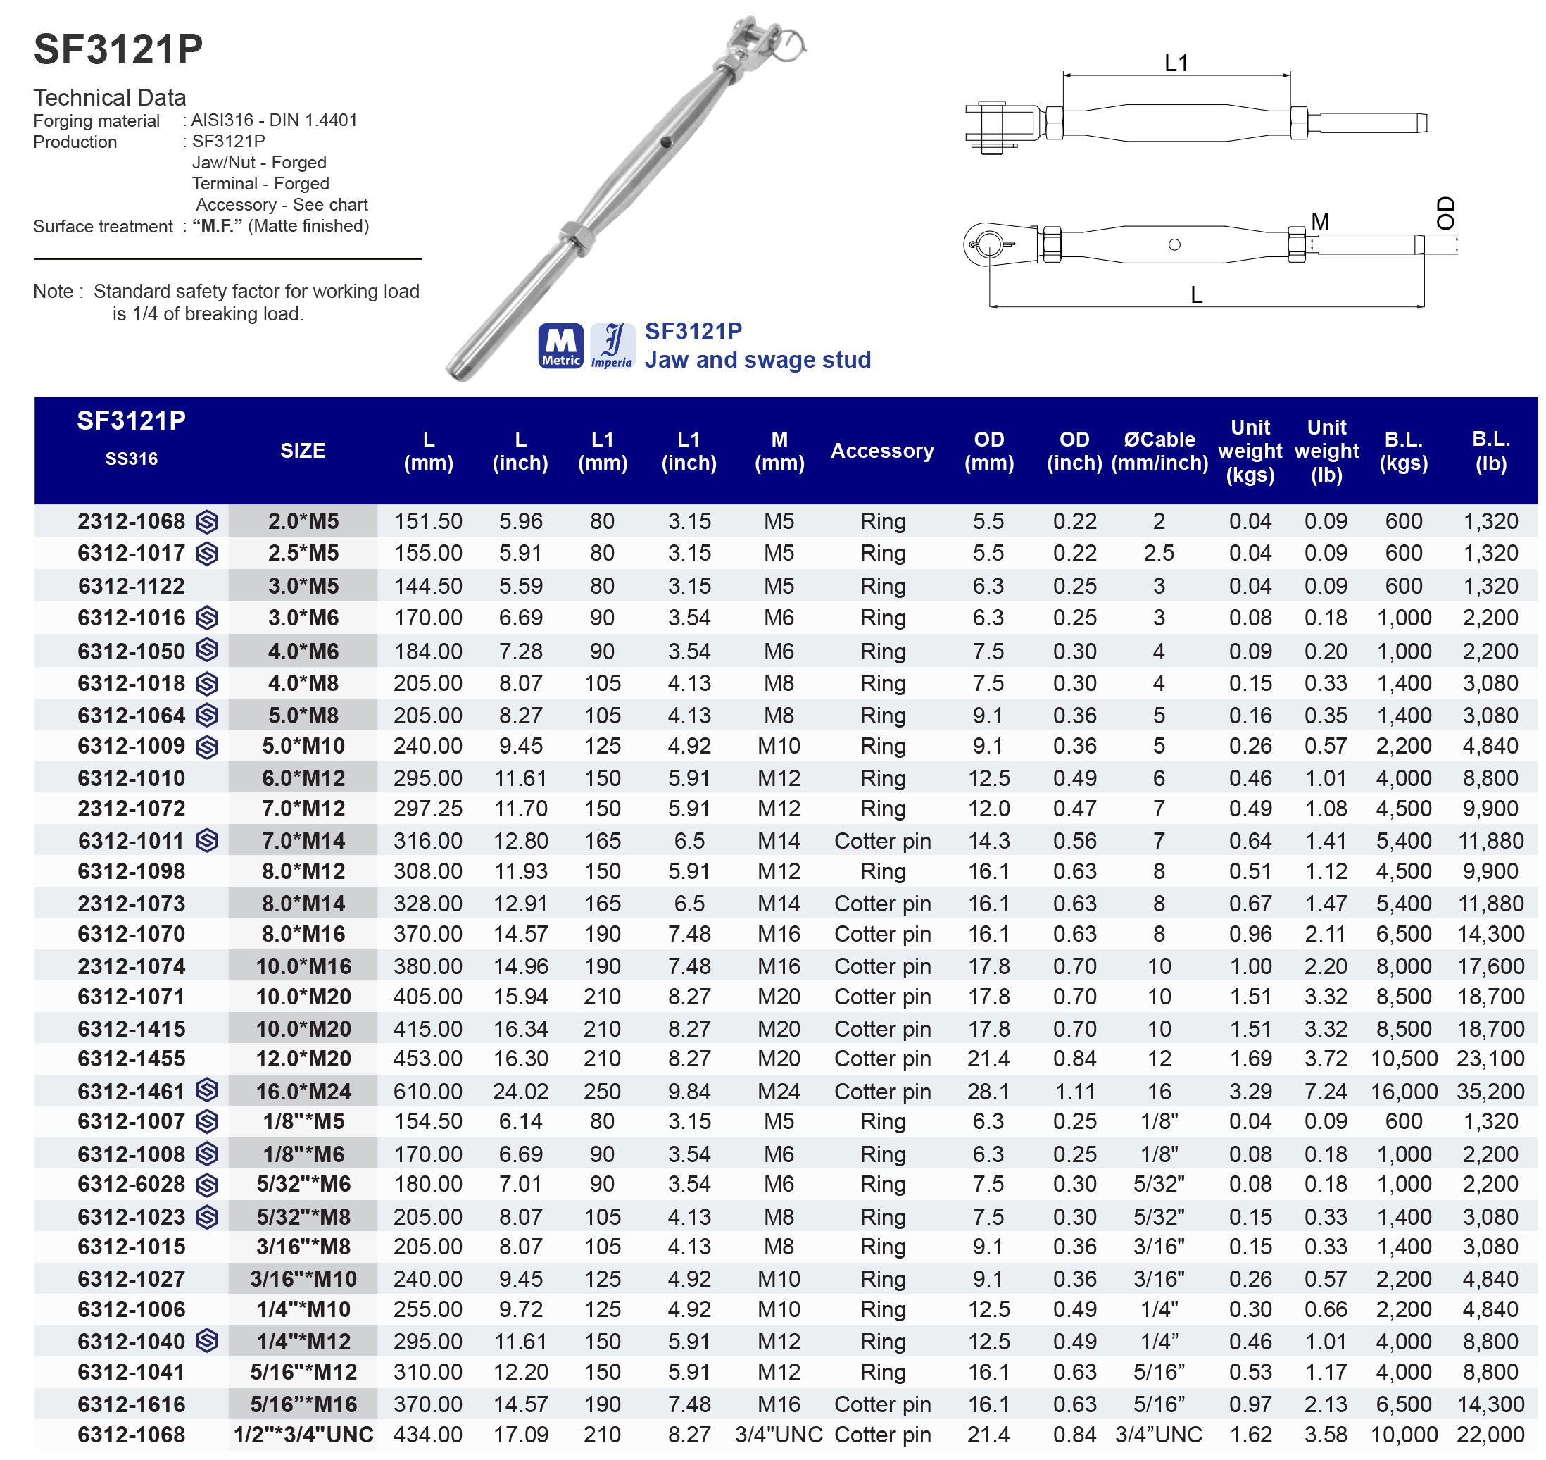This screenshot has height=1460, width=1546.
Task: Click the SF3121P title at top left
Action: [118, 49]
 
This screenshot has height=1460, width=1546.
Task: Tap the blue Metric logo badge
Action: [560, 346]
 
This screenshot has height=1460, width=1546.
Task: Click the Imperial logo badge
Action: [612, 346]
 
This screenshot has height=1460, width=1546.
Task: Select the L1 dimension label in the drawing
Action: [1176, 63]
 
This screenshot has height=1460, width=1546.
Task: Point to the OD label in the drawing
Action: [1445, 213]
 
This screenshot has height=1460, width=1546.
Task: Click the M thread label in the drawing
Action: [1319, 222]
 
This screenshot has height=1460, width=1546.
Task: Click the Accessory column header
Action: [881, 451]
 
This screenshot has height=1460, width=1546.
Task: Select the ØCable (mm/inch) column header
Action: [1159, 451]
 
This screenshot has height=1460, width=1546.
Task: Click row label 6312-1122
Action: [131, 586]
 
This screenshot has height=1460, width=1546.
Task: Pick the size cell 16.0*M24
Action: [303, 1091]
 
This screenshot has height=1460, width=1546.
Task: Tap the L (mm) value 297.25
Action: [428, 809]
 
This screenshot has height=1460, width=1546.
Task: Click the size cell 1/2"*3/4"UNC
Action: [303, 1435]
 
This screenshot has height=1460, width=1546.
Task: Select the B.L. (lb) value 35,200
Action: [1490, 1091]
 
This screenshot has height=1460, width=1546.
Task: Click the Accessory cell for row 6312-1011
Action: [881, 840]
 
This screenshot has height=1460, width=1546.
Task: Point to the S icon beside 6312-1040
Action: [207, 1341]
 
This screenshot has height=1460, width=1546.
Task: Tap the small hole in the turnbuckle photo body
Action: [666, 142]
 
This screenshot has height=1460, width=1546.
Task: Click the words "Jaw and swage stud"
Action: [757, 360]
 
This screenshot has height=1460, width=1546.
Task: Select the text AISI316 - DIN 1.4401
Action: [274, 120]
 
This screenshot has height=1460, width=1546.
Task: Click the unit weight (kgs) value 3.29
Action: [1250, 1091]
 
